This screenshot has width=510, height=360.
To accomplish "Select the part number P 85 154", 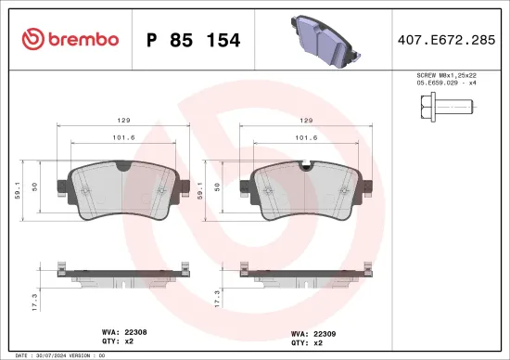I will pos(194,40).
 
